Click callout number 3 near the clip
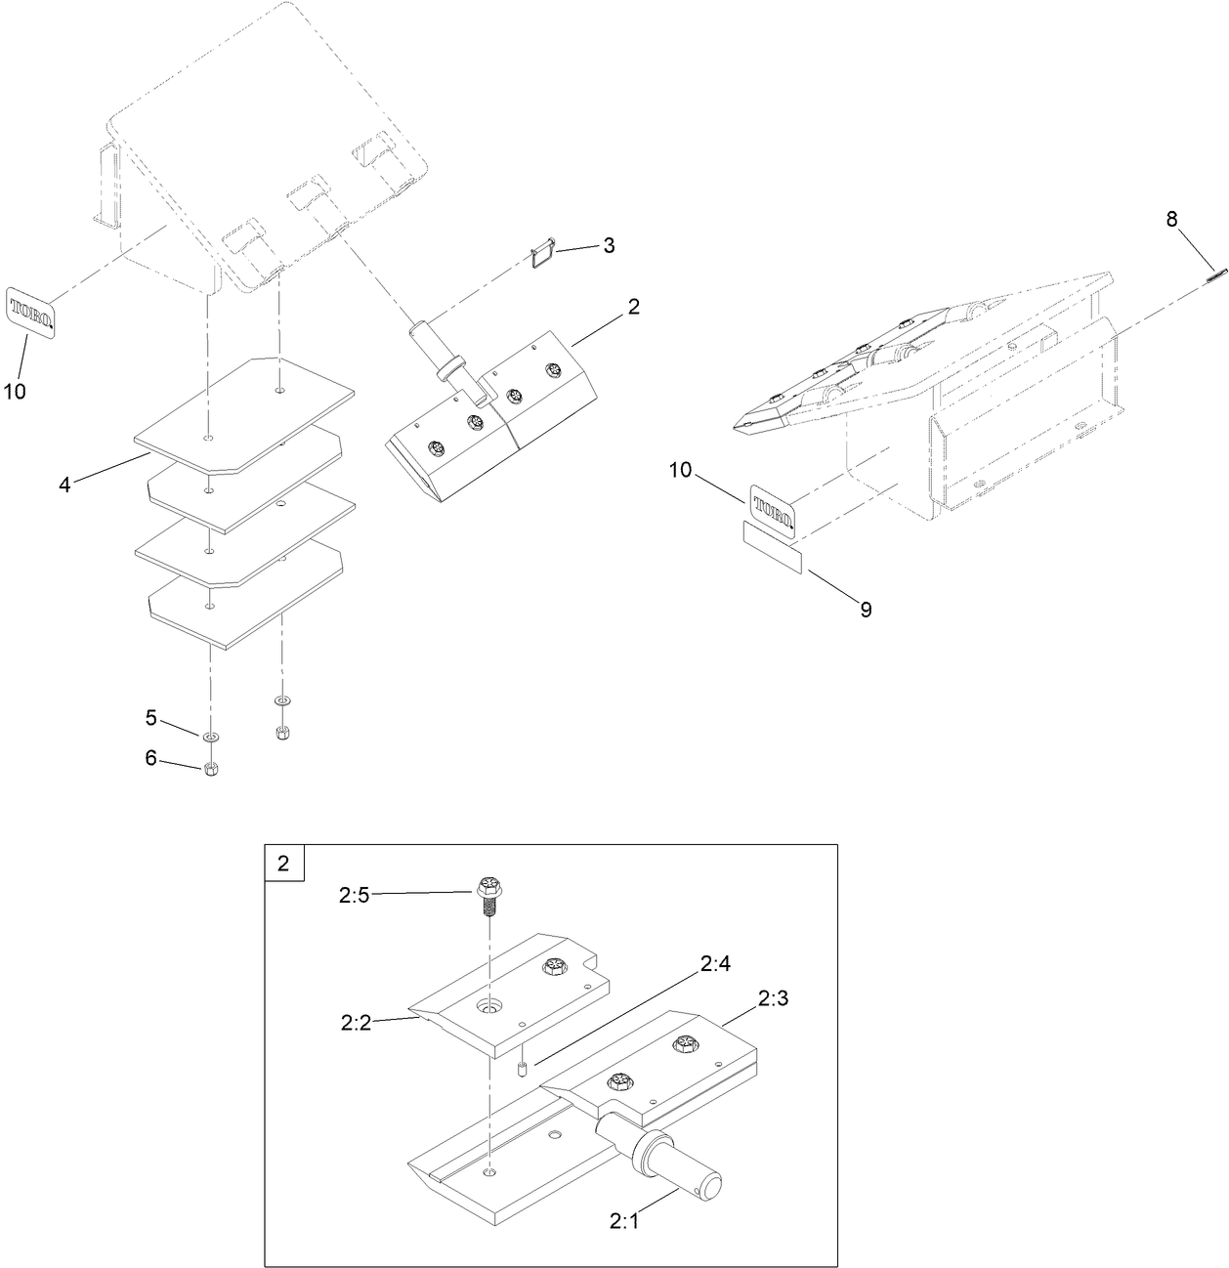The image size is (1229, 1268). point(609,245)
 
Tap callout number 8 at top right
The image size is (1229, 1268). point(1171,220)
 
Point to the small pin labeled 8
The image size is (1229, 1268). point(1215,275)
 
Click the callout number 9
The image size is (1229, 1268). point(866,610)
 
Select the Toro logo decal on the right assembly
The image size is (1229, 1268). point(771,510)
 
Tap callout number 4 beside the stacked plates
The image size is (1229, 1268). point(64,485)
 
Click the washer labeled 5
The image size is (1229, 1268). point(212,736)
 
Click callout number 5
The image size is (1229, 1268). point(150,718)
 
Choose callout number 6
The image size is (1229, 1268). point(150,758)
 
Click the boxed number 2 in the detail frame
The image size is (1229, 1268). point(284,864)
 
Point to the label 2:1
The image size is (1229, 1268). point(623,1220)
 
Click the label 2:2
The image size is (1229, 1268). point(355,1023)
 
